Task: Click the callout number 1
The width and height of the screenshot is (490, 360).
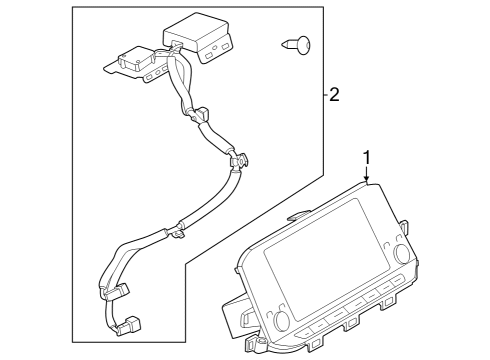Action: [367, 157]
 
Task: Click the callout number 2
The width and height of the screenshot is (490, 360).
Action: [335, 95]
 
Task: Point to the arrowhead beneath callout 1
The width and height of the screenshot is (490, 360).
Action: [367, 181]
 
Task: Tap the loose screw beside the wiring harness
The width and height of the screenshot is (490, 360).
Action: [299, 43]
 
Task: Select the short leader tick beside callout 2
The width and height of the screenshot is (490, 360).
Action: [324, 96]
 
